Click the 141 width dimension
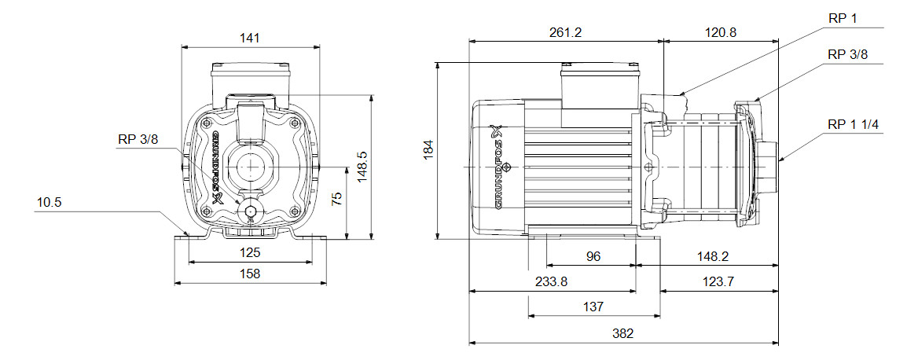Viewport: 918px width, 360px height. [251, 37]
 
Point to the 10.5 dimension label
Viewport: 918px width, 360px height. [49, 203]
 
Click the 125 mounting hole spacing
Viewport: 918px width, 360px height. [251, 254]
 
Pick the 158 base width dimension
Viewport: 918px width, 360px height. [251, 274]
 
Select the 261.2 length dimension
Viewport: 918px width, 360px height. [566, 33]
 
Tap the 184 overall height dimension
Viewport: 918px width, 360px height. [428, 149]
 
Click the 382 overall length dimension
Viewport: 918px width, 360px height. [623, 333]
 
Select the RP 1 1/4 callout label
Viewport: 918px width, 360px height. [854, 123]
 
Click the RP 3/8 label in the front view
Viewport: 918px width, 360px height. [138, 140]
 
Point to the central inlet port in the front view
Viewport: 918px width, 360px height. [251, 167]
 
